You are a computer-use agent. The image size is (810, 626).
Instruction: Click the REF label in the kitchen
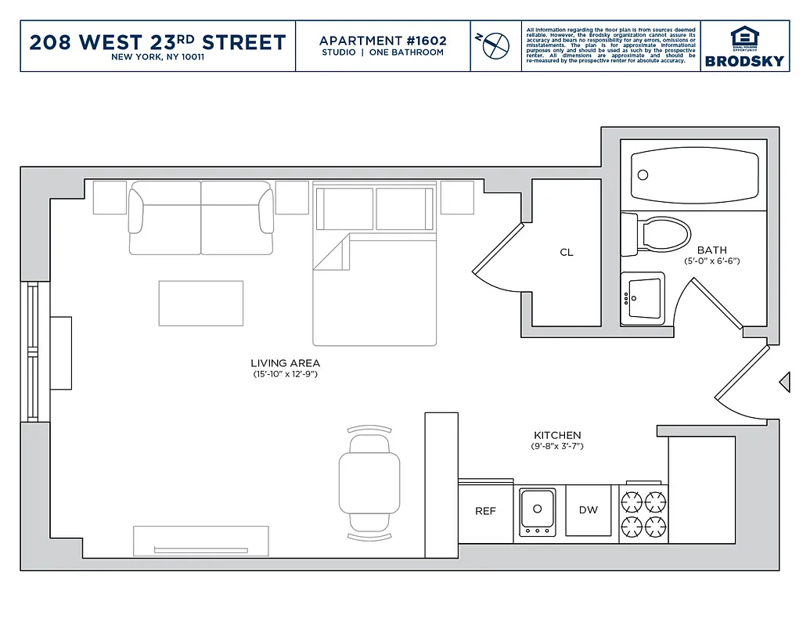[485, 511]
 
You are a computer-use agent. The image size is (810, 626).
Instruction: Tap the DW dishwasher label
[589, 510]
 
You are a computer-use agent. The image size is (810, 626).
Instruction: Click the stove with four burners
[644, 513]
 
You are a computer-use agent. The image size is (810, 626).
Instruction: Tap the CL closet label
[567, 252]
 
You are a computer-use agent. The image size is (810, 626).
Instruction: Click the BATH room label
[711, 250]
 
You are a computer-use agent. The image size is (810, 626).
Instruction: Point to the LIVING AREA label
[285, 363]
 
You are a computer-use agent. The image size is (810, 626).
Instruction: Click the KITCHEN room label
[557, 435]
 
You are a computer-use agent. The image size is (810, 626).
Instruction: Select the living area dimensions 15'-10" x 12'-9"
[285, 375]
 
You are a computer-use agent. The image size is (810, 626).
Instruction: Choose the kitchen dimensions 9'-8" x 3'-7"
[557, 447]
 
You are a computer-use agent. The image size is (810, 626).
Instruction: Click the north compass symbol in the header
[495, 45]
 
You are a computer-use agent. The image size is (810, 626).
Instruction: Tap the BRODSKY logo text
[744, 60]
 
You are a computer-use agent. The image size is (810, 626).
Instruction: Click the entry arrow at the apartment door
[783, 381]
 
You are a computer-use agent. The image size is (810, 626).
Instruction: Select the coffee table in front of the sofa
[201, 303]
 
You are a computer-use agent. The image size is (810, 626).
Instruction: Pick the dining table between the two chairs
[369, 484]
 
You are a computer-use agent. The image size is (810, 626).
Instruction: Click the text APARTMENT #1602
[382, 40]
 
